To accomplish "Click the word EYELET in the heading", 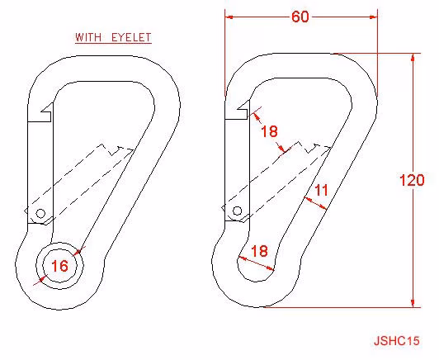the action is coord(131,37).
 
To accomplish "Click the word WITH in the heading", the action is coord(88,37).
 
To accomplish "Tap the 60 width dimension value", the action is coord(300,17).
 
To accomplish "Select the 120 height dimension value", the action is coord(412,180).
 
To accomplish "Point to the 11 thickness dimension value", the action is coord(322,191).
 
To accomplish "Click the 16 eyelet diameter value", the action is coord(59,266).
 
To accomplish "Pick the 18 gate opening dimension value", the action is coord(269,131).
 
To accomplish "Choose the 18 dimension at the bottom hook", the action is coord(259,251).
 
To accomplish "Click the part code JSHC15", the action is coord(397,341).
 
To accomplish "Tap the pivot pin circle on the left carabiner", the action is coord(40,214).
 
